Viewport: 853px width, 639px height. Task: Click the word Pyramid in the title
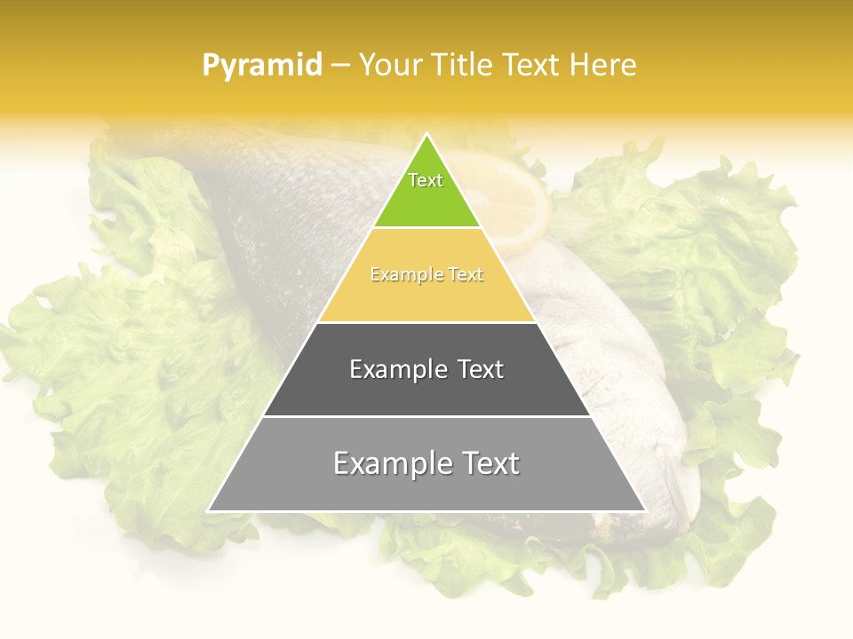point(262,65)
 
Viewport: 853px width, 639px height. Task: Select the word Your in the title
point(388,65)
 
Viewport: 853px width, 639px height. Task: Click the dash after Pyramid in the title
point(340,66)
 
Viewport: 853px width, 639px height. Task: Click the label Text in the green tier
point(426,180)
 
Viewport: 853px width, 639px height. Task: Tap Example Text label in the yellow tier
point(426,275)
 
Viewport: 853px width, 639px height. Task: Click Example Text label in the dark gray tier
point(426,369)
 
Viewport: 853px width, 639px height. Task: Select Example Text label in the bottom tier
point(426,463)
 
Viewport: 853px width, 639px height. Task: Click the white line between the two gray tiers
point(426,416)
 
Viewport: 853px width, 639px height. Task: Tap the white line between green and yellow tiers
point(426,227)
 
